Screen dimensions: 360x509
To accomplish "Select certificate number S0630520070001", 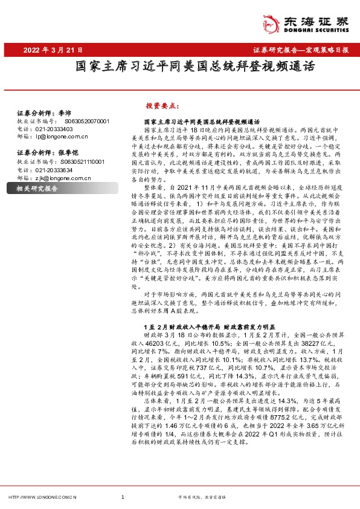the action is (x=86, y=121).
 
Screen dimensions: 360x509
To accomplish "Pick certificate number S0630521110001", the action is (x=86, y=162).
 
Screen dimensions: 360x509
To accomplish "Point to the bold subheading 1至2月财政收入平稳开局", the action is (x=182, y=324).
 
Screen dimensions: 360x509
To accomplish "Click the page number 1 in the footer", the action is (x=123, y=497).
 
